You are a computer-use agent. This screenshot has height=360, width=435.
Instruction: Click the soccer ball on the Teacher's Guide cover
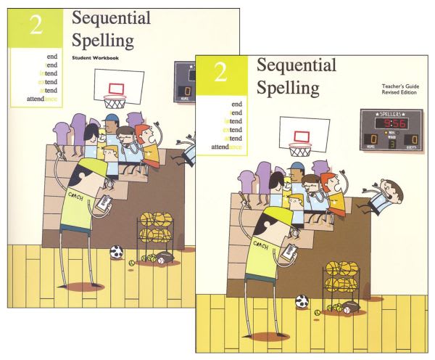[302, 300]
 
